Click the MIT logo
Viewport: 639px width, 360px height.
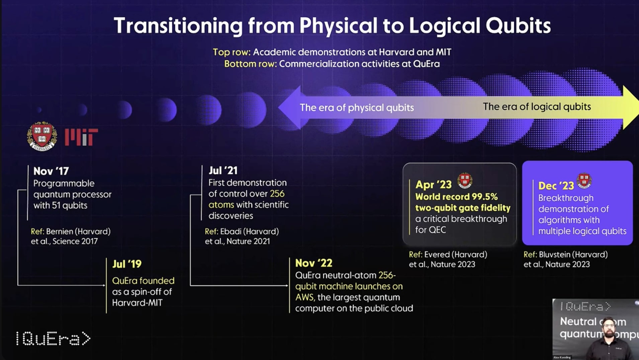coord(81,137)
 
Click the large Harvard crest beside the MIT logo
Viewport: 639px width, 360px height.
coord(42,136)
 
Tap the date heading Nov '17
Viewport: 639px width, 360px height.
coord(51,171)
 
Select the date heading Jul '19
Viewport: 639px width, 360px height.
coord(127,264)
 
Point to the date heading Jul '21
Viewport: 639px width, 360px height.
coord(223,171)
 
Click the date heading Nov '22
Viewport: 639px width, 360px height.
coord(313,263)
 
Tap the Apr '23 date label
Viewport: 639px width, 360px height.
coord(433,185)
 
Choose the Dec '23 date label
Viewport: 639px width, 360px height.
coord(556,186)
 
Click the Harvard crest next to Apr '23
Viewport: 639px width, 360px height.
coord(465,181)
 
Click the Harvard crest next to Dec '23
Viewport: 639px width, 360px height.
coord(584,181)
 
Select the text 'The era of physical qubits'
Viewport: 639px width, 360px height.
coord(357,108)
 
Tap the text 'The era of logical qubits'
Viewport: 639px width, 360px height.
coord(537,107)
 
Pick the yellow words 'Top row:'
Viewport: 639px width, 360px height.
coord(232,52)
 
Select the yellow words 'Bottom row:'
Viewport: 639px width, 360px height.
coord(250,64)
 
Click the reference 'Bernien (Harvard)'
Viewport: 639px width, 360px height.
coord(78,232)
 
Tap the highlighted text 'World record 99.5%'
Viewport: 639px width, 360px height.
coord(456,197)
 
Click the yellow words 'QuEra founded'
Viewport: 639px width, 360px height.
coord(143,281)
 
